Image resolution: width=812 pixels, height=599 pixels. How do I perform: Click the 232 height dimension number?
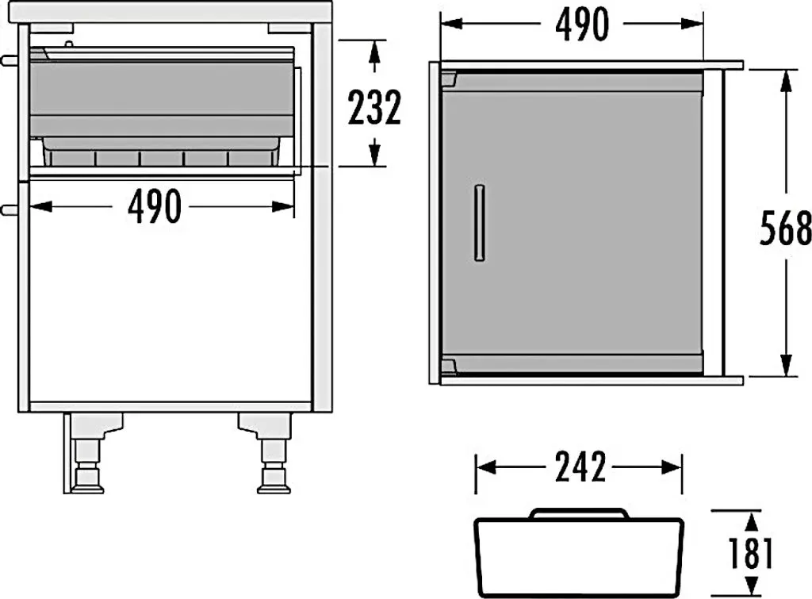(374, 107)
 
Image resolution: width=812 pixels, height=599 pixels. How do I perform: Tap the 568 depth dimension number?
(785, 228)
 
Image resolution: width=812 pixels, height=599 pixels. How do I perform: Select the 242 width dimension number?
(580, 467)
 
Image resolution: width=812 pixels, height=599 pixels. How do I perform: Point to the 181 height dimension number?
(750, 554)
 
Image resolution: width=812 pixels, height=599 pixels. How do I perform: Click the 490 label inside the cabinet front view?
(155, 206)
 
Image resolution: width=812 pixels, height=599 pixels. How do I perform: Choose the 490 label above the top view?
(582, 25)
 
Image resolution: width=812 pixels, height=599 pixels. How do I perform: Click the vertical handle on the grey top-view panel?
(480, 222)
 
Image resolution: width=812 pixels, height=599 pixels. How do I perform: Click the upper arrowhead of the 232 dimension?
(375, 51)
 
